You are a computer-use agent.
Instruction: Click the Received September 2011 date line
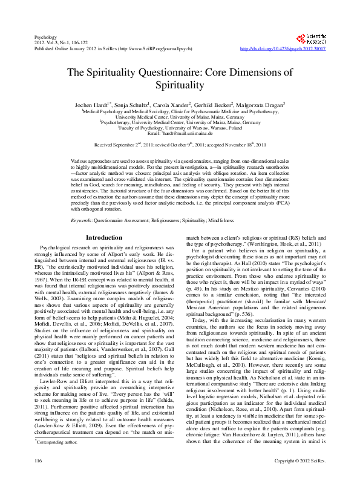pyautogui.click(x=180, y=146)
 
